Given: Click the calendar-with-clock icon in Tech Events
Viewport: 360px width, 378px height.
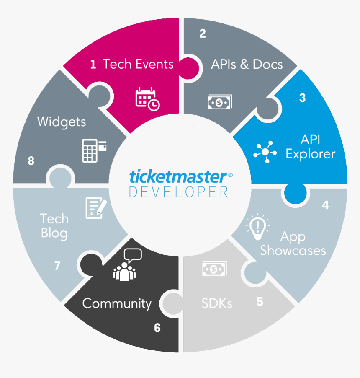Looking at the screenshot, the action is [x=147, y=99].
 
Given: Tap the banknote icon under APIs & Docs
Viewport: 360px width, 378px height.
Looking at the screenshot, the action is [x=220, y=102].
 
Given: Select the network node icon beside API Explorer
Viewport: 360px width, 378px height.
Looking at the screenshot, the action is [x=265, y=152].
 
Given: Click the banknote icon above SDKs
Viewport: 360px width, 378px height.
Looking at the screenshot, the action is [x=215, y=269].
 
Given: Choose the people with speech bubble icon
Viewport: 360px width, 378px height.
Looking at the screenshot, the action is [x=127, y=265].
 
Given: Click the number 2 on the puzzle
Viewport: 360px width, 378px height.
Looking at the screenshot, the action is [x=203, y=34].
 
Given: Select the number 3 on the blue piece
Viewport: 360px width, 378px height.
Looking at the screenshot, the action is [x=303, y=98].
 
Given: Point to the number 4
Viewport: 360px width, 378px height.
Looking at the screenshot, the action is [x=325, y=205].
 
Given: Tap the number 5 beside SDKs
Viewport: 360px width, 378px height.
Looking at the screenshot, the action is [x=260, y=302].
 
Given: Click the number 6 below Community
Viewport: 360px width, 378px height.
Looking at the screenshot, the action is [x=157, y=328].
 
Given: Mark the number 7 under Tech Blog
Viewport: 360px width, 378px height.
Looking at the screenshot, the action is [x=57, y=266].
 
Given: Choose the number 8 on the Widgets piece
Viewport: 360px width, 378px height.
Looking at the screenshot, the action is [x=31, y=161].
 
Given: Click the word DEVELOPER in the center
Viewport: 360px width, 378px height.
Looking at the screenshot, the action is [x=178, y=192].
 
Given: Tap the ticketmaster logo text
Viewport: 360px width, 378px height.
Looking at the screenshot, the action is [x=178, y=176].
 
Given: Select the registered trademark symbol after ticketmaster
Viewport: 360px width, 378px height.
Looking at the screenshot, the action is [x=230, y=175].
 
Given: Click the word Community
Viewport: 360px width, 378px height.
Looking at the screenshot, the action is [x=117, y=304].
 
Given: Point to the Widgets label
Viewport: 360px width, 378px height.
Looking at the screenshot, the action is [x=62, y=122].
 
